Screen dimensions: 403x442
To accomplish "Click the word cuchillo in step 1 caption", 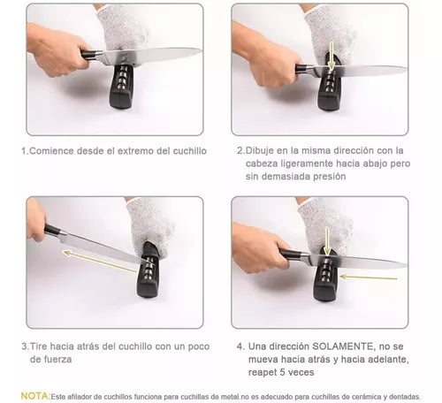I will (186, 151).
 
